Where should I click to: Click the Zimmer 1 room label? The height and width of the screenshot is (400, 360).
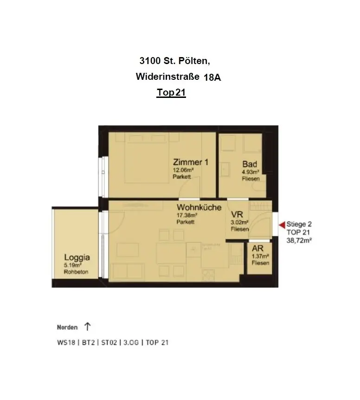[190, 162]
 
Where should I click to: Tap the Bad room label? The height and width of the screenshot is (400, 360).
[249, 164]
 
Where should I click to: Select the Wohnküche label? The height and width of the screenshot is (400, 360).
[199, 208]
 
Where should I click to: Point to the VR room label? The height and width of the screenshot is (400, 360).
[237, 215]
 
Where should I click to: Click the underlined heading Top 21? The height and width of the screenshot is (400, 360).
[171, 93]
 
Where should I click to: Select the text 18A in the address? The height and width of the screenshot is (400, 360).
[212, 77]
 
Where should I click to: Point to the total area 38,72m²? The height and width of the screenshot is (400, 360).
[299, 240]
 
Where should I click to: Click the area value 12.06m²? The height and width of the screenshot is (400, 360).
[183, 170]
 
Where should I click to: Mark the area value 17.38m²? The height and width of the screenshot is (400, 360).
[187, 215]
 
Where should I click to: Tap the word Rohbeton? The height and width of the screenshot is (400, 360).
[76, 272]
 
